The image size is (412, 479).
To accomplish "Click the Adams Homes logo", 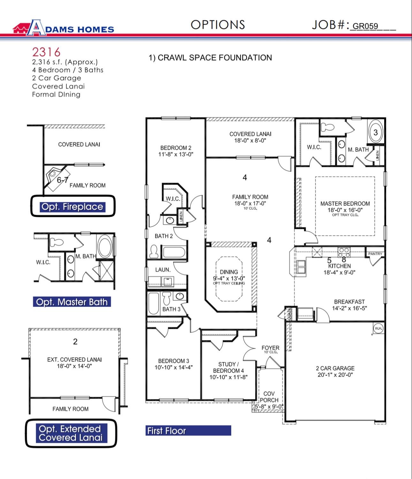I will click(x=63, y=28).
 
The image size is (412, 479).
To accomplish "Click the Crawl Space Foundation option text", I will click(x=210, y=58).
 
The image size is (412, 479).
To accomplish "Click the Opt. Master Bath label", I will click(x=72, y=302).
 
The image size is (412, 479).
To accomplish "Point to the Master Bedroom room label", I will click(x=345, y=204).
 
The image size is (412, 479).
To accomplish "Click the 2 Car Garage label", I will click(x=335, y=368).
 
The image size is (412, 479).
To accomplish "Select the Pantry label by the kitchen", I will click(x=375, y=254).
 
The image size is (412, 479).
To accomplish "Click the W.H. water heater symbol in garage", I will click(x=378, y=329).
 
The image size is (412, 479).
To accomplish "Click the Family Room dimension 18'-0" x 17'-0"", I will click(x=250, y=203).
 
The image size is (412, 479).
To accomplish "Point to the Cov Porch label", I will click(x=269, y=397).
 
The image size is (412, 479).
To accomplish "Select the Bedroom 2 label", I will click(x=176, y=148).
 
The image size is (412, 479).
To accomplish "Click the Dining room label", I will click(x=229, y=272).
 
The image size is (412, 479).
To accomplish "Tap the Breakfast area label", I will click(x=349, y=302).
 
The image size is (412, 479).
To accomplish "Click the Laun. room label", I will click(x=163, y=270).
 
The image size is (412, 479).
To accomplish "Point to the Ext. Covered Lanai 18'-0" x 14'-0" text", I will click(x=74, y=363).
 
